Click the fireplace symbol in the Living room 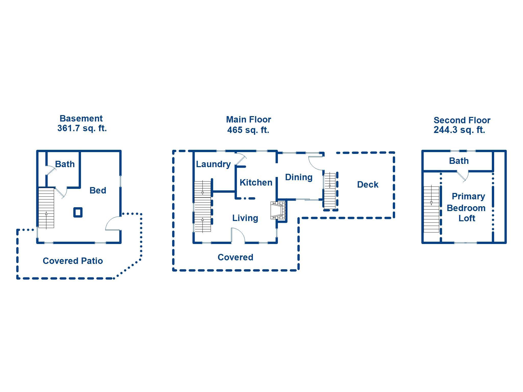coord(278,210)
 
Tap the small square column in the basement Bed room coord(78,212)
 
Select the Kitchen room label coord(256,182)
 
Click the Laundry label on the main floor coord(213,164)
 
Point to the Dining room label coord(299,177)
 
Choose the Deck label coord(368,185)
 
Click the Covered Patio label coord(73,261)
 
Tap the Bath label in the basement coord(65,164)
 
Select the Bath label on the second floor coord(459,161)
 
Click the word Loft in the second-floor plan coord(467,218)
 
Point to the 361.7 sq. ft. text coord(82,128)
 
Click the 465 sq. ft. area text coord(248,130)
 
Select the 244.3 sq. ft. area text coord(459,130)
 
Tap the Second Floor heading coord(462,120)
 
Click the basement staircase coord(46,208)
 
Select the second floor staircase coord(431,209)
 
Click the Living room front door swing coord(238,235)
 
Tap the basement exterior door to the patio coord(113,223)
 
